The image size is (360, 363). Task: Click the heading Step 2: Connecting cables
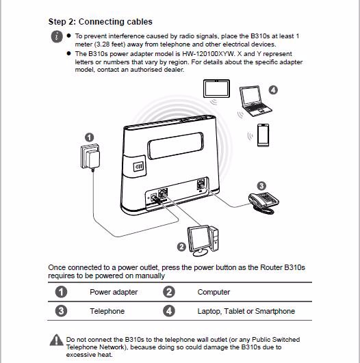pos(101,22)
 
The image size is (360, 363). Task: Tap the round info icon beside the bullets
pos(57,37)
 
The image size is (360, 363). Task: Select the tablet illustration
pos(216,89)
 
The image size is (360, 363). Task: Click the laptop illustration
pos(255,101)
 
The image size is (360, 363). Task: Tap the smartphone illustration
pos(263,135)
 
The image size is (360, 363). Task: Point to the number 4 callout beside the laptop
pos(273,90)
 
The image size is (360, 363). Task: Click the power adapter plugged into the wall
pos(90,157)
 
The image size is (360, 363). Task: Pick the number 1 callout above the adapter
pos(90,137)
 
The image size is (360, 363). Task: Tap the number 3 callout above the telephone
pos(261,186)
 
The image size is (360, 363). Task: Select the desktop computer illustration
pos(203,241)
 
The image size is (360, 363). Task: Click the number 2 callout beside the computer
pos(181,247)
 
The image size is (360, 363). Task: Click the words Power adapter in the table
pos(114,292)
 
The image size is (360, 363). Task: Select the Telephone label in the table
pos(107,311)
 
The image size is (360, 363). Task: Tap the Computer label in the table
pos(214,292)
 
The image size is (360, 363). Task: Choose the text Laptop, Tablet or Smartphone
pos(246,311)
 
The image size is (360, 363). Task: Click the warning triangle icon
pos(56,340)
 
